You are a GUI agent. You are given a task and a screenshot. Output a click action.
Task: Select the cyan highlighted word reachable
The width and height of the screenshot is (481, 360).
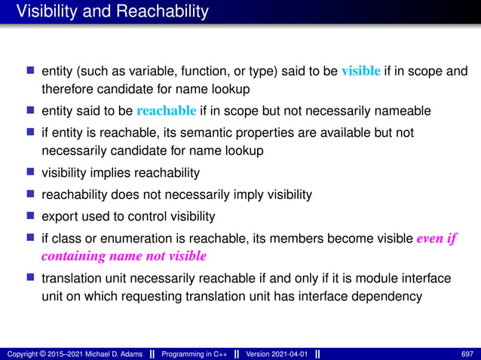coord(167,111)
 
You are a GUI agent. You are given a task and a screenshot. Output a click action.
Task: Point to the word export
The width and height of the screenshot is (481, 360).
coord(60,216)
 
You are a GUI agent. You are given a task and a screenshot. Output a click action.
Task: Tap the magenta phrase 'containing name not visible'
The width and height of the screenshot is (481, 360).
coord(124,256)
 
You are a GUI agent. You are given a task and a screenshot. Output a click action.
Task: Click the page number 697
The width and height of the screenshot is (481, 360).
coord(467,353)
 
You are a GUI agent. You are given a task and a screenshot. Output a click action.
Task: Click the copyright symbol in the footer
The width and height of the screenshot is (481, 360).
coord(41,353)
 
